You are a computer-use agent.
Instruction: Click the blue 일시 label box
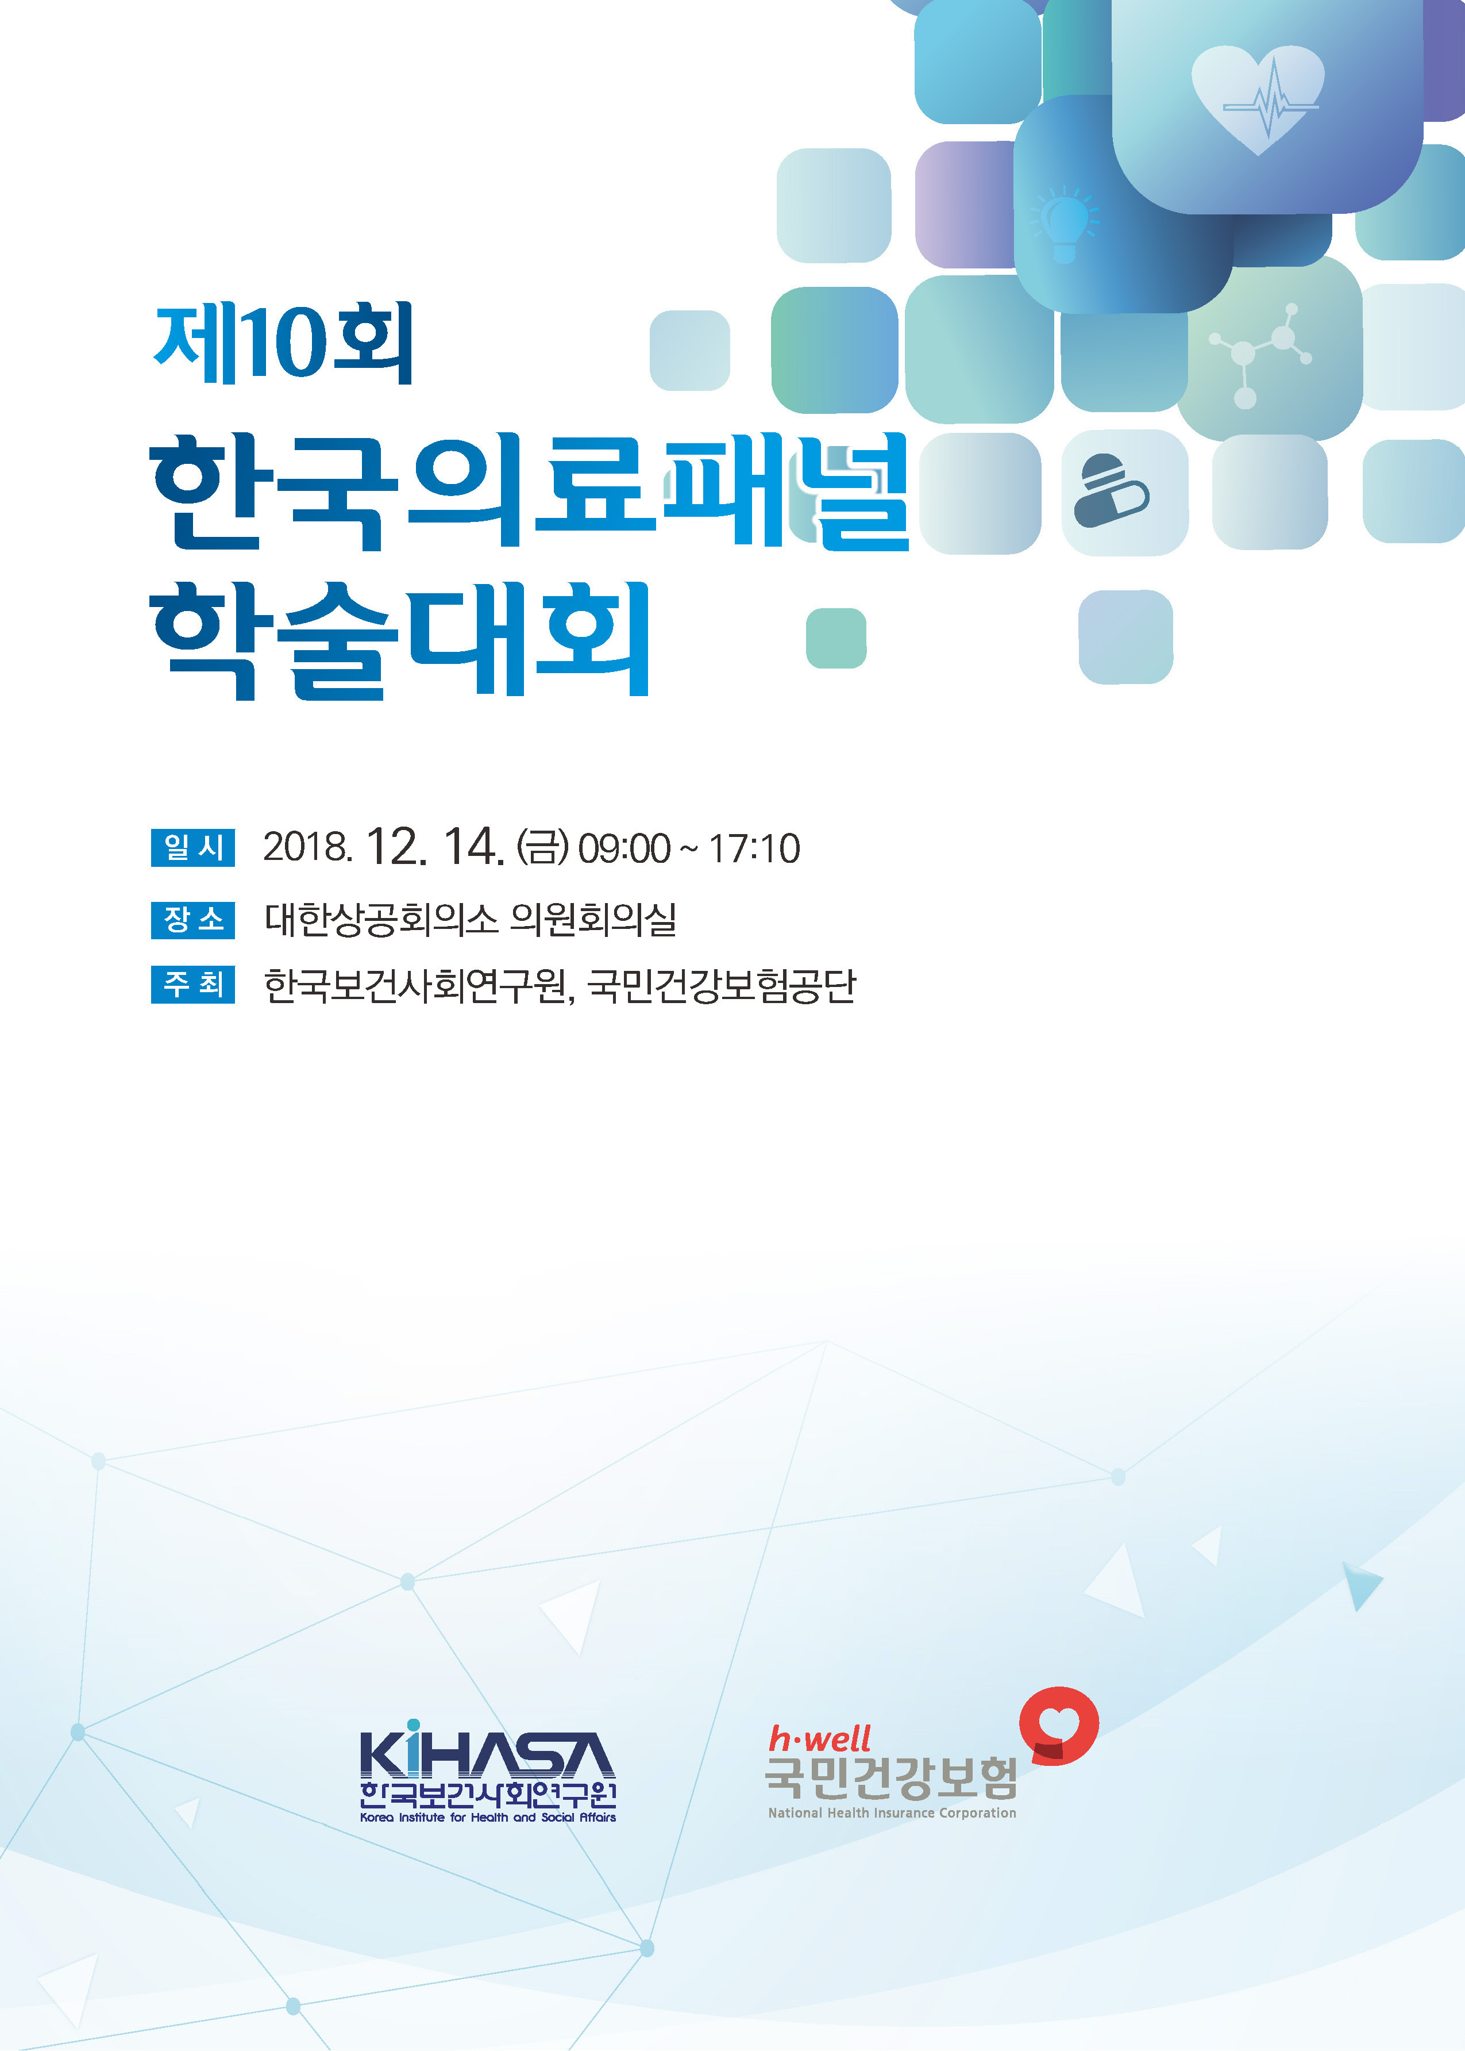193,847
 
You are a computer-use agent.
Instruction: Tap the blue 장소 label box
193,920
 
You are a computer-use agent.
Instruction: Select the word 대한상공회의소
381,920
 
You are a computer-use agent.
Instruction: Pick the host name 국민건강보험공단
722,985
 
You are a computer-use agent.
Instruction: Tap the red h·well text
820,1738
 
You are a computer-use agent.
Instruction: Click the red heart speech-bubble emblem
1059,1726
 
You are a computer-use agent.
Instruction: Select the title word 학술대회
400,639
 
